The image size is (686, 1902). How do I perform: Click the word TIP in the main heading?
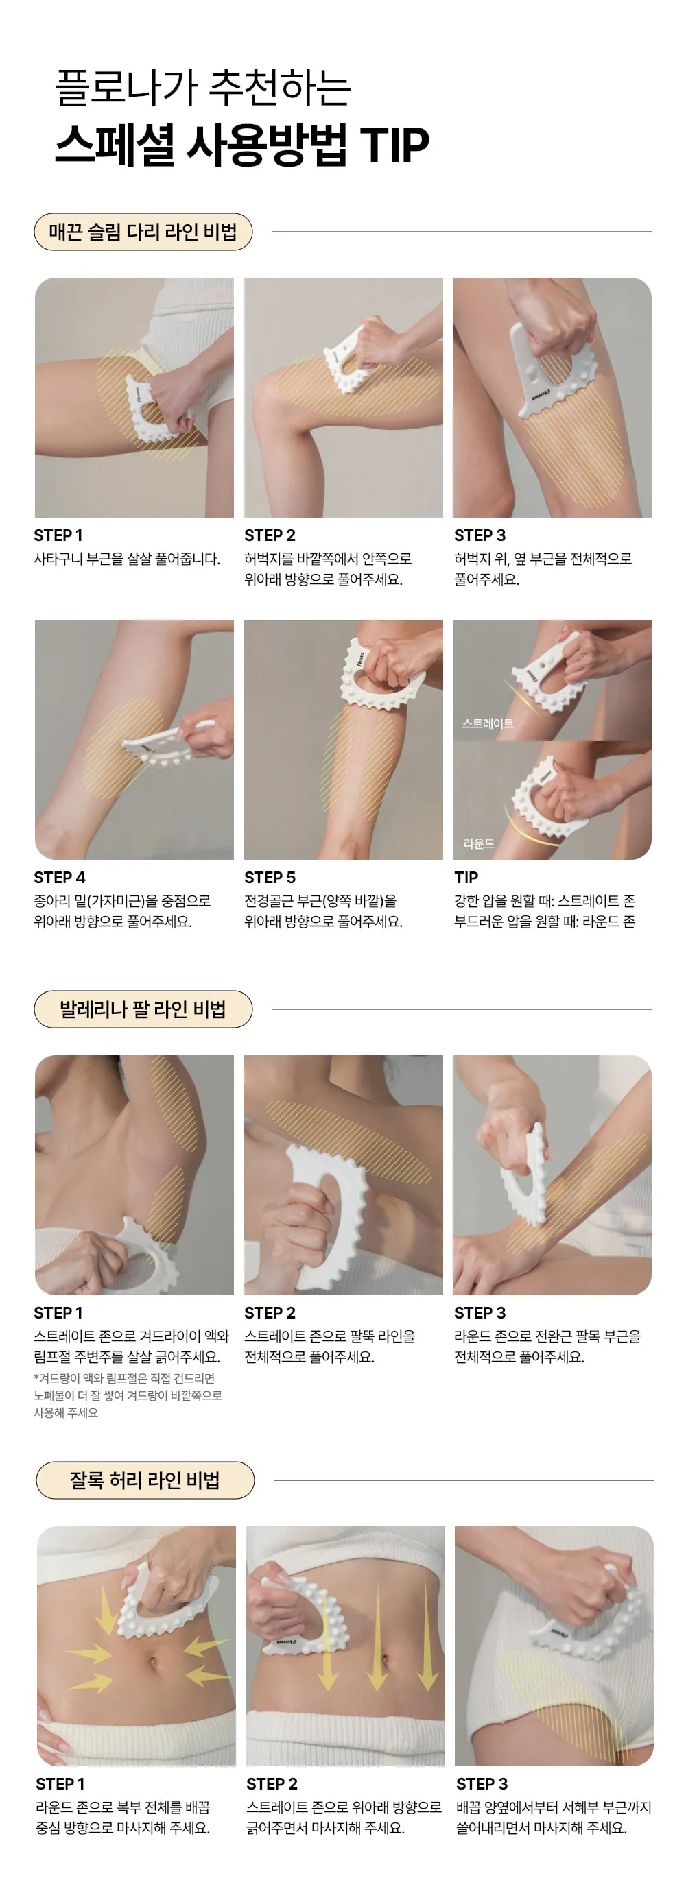point(394,144)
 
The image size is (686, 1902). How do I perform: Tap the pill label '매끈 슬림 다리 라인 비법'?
point(143,232)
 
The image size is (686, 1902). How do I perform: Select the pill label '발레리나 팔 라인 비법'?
point(143,1009)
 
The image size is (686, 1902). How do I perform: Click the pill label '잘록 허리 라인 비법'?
point(145,1480)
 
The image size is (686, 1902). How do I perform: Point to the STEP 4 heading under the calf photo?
point(60,877)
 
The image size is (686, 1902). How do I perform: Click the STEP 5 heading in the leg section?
point(270,877)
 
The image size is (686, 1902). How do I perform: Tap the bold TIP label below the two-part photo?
point(466,877)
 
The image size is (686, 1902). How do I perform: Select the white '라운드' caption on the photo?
point(480,843)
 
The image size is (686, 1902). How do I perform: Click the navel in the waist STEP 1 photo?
point(153,1664)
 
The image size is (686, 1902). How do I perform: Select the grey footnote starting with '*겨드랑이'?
point(128,1395)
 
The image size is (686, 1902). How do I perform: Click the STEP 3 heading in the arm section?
point(480,1313)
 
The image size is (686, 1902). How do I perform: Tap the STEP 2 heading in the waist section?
point(272,1784)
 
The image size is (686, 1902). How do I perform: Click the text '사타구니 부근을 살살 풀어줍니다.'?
point(127,559)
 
